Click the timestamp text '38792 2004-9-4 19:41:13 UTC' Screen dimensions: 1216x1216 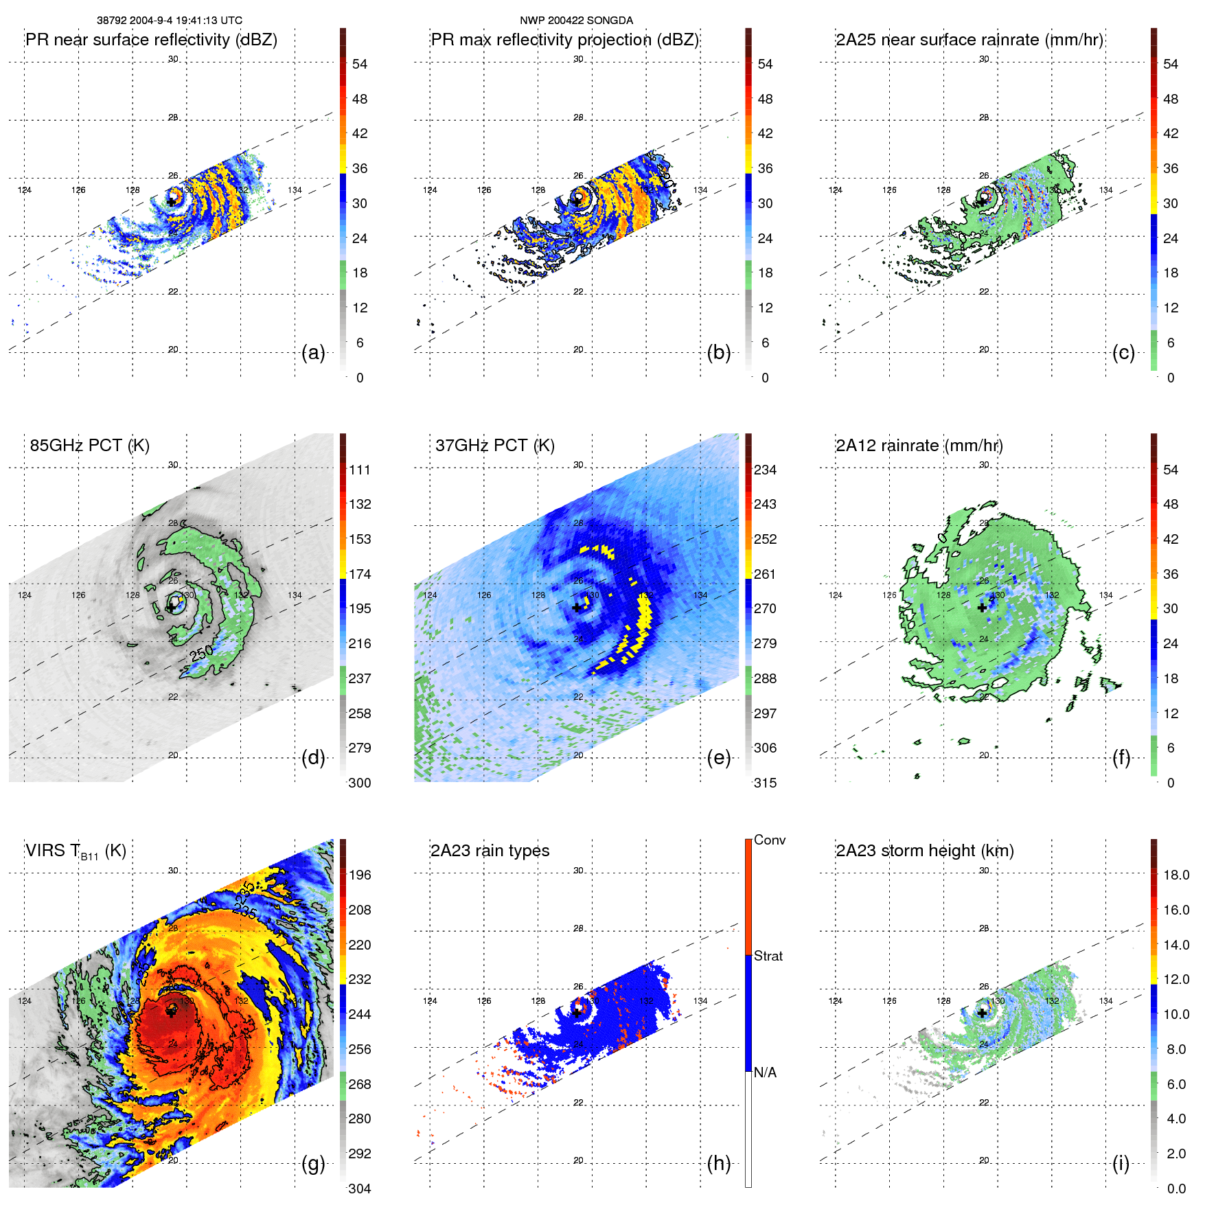click(x=169, y=21)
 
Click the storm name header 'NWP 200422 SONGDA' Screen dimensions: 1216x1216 click(x=576, y=21)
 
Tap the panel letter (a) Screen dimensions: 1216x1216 click(x=313, y=353)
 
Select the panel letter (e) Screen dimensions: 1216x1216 click(x=718, y=758)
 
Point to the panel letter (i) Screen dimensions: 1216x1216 click(x=1121, y=1164)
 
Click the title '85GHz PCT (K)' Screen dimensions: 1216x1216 click(x=89, y=446)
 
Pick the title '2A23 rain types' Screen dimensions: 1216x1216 click(x=490, y=851)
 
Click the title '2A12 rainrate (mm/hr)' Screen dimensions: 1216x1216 click(x=919, y=446)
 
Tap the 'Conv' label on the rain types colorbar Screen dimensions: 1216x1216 click(x=769, y=840)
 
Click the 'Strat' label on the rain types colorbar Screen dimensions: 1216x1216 click(x=768, y=956)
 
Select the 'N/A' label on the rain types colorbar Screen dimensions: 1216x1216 click(x=765, y=1072)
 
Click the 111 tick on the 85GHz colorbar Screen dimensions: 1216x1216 click(x=359, y=470)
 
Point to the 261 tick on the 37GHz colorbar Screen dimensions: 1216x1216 click(x=765, y=575)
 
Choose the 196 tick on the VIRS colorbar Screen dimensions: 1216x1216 click(x=359, y=875)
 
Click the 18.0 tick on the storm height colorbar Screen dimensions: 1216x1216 click(x=1175, y=875)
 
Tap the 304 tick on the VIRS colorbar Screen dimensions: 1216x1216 click(x=359, y=1189)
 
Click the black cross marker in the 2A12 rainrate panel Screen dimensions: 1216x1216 click(x=982, y=608)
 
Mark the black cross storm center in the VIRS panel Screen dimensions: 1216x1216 click(x=171, y=1013)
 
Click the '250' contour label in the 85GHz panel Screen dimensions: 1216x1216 click(x=202, y=654)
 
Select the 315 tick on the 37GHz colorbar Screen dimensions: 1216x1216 click(x=765, y=783)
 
